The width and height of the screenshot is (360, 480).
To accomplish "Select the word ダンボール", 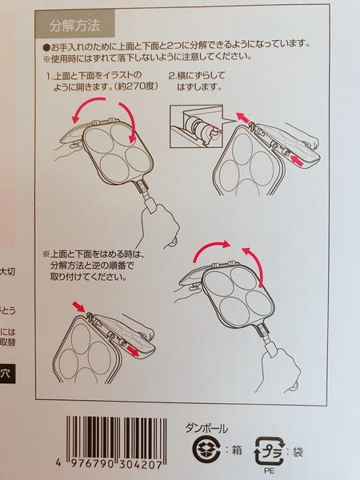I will (206, 428).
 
